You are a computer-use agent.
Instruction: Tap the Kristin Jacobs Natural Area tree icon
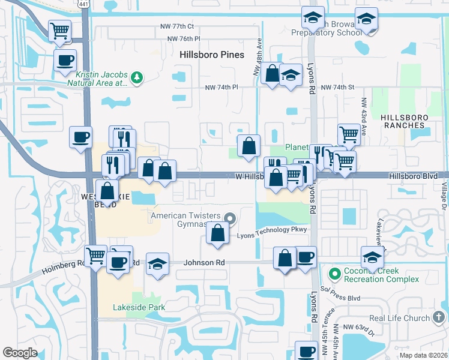137,77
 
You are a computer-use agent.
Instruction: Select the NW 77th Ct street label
177,26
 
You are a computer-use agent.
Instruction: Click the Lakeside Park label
139,307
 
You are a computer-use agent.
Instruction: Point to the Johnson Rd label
203,262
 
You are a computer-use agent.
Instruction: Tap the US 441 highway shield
84,4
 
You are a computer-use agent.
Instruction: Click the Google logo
20,353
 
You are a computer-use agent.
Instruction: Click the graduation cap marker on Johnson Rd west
157,265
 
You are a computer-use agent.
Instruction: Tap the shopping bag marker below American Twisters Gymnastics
217,233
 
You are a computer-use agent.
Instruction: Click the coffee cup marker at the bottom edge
307,351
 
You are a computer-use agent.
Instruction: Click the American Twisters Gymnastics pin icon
229,217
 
